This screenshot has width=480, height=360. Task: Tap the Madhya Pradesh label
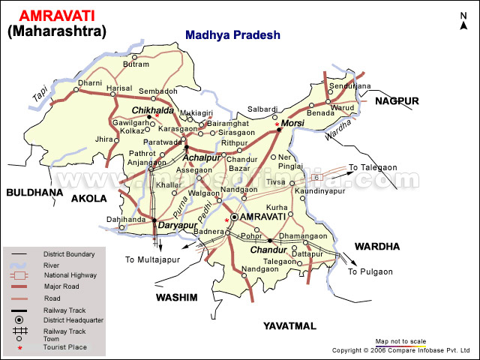click(x=232, y=34)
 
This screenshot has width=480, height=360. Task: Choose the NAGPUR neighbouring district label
click(x=397, y=100)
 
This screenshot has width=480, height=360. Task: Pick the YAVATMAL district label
click(x=289, y=326)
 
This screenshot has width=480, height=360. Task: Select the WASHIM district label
click(x=176, y=298)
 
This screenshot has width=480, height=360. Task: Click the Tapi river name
click(x=40, y=94)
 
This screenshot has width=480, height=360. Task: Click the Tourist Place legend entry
click(x=64, y=347)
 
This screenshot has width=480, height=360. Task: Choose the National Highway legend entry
click(x=69, y=275)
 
